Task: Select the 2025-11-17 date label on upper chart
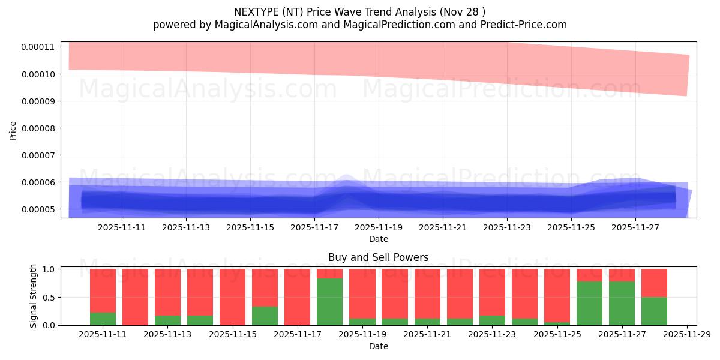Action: (314, 227)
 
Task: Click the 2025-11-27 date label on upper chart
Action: (635, 227)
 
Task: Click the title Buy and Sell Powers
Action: (378, 257)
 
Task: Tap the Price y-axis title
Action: (13, 130)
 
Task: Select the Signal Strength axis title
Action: (34, 296)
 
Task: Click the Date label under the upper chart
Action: (378, 239)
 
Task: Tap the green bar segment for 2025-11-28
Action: (654, 311)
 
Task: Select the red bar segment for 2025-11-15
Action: (232, 296)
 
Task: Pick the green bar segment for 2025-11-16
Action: (265, 316)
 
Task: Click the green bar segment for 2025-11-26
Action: (589, 303)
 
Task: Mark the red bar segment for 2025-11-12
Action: (135, 296)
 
